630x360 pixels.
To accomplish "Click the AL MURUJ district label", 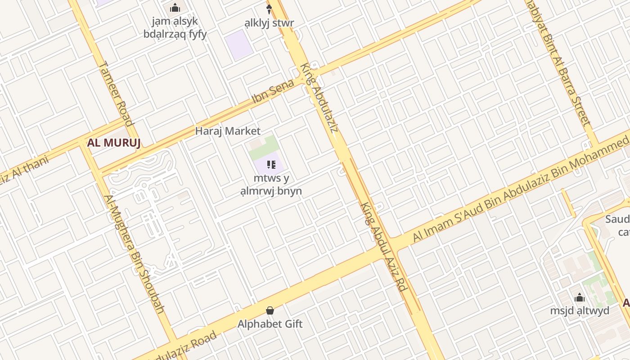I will [x=114, y=143].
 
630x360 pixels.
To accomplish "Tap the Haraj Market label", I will [x=228, y=131].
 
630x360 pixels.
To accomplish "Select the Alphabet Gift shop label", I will [x=270, y=324].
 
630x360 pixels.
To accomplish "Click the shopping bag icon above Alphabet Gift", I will [x=270, y=310].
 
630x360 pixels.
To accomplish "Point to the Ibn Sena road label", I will [x=273, y=91].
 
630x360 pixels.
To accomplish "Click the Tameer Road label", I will [x=116, y=94].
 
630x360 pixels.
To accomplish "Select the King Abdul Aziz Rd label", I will [x=384, y=247].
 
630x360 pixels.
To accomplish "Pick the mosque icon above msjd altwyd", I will [x=580, y=298].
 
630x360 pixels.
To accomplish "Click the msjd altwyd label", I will [x=580, y=311].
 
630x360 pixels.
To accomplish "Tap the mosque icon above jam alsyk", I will [x=175, y=8].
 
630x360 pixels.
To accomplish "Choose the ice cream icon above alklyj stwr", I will [x=270, y=9].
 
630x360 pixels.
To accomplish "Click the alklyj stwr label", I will [x=270, y=23].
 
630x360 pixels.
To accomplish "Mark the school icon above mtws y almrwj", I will [x=271, y=165].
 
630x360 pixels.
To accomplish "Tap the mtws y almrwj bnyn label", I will [x=271, y=184].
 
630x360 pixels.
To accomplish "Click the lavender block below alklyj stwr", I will [x=239, y=45].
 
